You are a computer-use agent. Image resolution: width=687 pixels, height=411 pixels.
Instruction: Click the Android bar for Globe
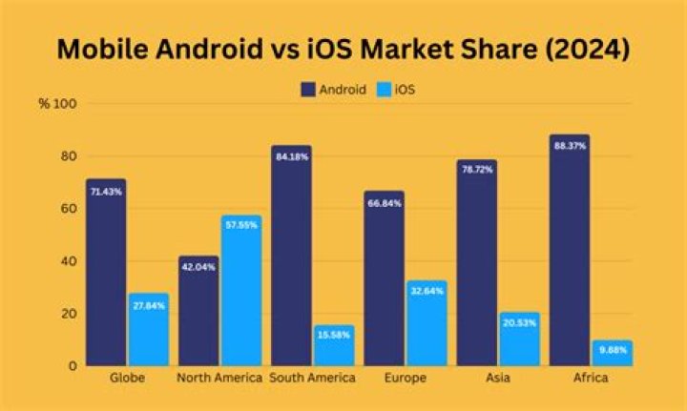106,272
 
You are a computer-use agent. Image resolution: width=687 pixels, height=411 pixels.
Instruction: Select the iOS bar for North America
240,290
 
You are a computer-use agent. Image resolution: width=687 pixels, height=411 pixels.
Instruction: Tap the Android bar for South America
291,256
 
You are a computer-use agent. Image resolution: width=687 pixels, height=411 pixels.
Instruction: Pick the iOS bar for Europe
426,322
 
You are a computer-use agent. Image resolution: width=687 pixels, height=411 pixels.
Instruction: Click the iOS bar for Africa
612,353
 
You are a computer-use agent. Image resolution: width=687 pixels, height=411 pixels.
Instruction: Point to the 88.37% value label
569,146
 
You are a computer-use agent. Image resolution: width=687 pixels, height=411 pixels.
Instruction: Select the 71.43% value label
106,192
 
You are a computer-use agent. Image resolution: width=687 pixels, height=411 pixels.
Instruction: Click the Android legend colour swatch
308,90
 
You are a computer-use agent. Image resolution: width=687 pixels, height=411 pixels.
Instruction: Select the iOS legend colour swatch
387,90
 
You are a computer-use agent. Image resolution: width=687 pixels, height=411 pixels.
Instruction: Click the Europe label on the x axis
404,379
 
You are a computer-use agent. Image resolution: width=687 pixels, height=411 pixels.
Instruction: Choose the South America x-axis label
312,379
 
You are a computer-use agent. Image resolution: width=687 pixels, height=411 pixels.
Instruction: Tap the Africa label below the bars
590,379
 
